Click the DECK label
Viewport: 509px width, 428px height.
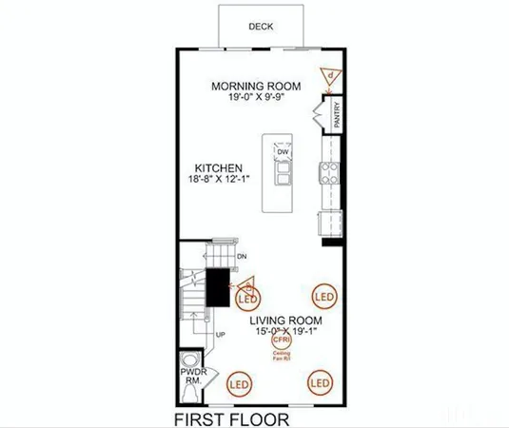tap(261, 27)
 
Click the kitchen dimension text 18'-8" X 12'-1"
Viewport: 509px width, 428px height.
tap(223, 179)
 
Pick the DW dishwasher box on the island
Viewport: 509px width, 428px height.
tap(283, 152)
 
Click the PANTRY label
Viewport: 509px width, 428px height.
tap(337, 118)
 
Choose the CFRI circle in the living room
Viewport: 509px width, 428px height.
tap(281, 339)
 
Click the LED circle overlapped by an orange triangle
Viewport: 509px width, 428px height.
tap(245, 297)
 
